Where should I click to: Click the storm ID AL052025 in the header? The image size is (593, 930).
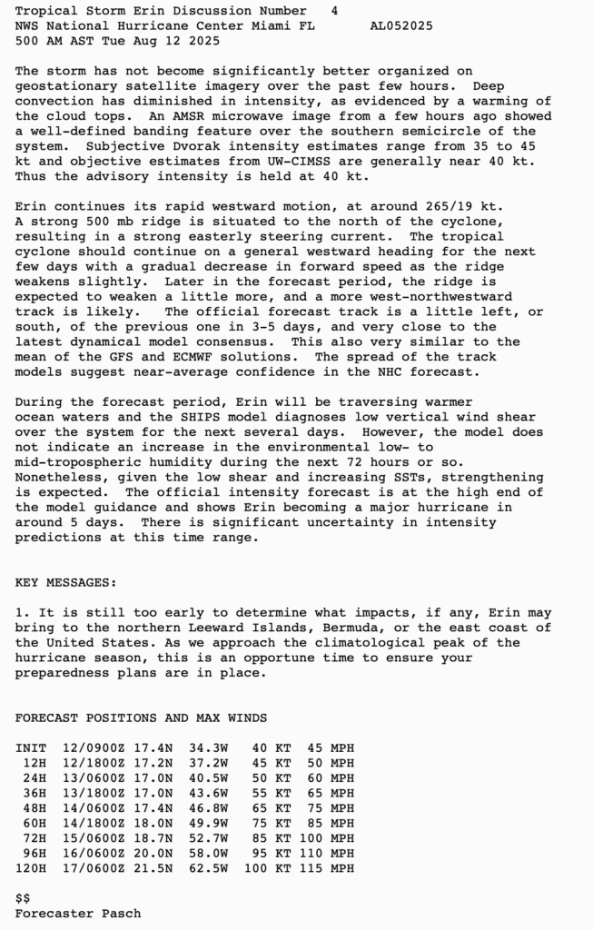tap(401, 25)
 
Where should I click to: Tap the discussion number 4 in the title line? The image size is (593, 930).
tap(335, 11)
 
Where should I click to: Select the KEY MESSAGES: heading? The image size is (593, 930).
tap(65, 583)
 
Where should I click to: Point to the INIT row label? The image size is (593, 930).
tap(31, 748)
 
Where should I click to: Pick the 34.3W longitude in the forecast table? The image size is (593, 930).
tap(209, 748)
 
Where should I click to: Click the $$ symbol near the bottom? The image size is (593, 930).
tap(23, 898)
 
